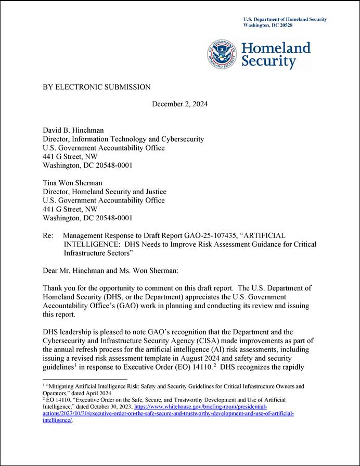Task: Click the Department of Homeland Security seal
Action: [223, 54]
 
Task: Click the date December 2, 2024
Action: [179, 104]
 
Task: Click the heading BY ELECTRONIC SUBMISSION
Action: [96, 87]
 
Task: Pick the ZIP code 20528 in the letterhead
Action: [284, 25]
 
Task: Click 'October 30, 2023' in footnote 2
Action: [111, 407]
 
